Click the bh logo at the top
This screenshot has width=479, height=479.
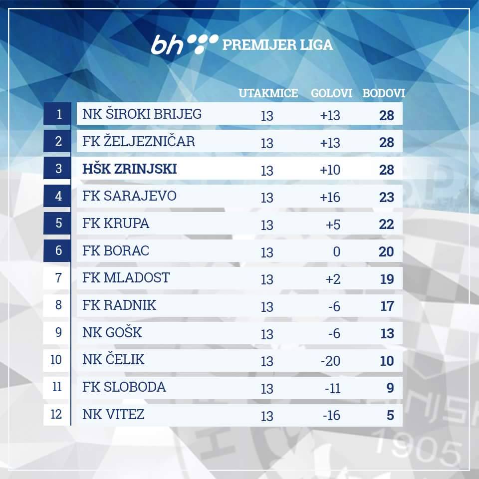(185, 44)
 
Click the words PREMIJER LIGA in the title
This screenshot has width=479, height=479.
(277, 45)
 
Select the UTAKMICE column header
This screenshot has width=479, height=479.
(268, 93)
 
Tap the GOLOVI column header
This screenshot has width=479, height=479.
(332, 93)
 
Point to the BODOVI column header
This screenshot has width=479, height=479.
(383, 93)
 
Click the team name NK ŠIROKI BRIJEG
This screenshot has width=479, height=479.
(142, 114)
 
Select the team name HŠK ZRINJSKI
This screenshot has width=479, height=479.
(130, 169)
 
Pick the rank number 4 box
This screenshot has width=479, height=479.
(59, 196)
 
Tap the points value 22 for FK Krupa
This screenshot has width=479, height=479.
(386, 225)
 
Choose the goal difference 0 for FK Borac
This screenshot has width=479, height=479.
(336, 252)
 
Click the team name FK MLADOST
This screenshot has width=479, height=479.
(126, 277)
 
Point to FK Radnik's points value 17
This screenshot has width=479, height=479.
(387, 306)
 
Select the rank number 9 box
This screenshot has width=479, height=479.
(59, 332)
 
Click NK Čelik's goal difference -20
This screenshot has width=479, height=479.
(330, 361)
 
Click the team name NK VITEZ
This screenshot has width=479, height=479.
(114, 414)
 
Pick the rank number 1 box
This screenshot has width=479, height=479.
(59, 114)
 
